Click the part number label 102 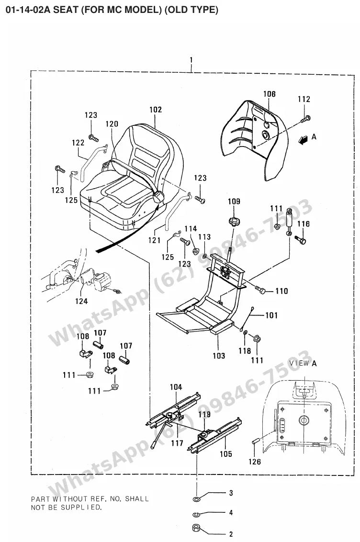click(156, 110)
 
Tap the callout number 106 click(270, 94)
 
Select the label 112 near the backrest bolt click(304, 99)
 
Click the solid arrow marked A click(304, 140)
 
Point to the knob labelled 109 click(234, 222)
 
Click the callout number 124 click(81, 301)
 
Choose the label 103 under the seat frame click(219, 356)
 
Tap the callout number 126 click(255, 462)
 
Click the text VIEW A click(303, 363)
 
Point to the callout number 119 click(204, 414)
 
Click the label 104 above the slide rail click(176, 387)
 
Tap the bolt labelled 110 click(260, 290)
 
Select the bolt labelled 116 click(300, 239)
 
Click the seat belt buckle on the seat click(158, 197)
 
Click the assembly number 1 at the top click(191, 60)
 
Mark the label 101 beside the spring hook click(271, 315)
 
